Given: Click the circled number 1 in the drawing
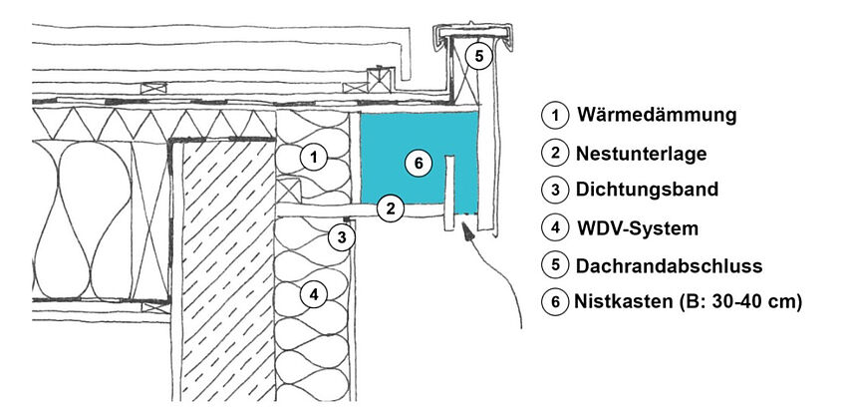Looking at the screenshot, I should coord(314,158).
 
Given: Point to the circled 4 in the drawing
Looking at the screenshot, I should coord(314,294).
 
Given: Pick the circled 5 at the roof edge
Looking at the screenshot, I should coord(478,57).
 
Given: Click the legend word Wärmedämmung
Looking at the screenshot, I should coord(656,115).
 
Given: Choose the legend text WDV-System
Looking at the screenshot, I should coord(638,227).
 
